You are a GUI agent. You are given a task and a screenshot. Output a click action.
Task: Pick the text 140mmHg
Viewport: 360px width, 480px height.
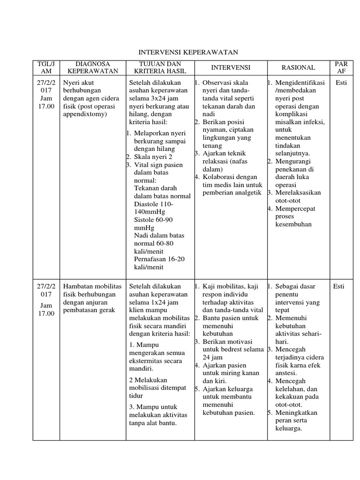148,212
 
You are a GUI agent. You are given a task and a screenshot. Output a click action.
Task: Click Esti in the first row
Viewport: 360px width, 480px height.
341,83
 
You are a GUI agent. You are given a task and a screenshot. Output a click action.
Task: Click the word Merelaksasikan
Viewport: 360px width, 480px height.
298,193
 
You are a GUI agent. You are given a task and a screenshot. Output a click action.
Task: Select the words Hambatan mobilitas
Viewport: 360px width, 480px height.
92,286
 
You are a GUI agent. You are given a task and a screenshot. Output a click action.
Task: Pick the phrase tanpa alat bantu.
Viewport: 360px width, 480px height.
151,423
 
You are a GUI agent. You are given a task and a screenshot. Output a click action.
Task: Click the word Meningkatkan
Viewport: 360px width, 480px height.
296,412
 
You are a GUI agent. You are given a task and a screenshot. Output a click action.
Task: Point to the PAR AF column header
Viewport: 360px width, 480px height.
341,67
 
